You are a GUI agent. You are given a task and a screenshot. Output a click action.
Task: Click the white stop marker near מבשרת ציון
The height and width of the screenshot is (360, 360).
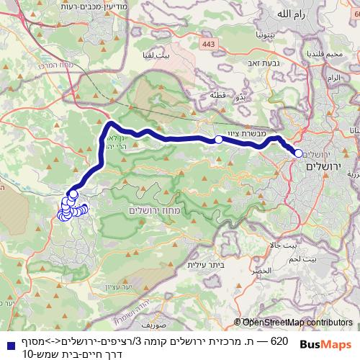click(218, 140)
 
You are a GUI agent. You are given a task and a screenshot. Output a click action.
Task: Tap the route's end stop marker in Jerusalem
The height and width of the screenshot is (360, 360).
click(298, 153)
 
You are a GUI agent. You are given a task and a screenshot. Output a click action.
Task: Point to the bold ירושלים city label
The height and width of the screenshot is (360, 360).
click(322, 166)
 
